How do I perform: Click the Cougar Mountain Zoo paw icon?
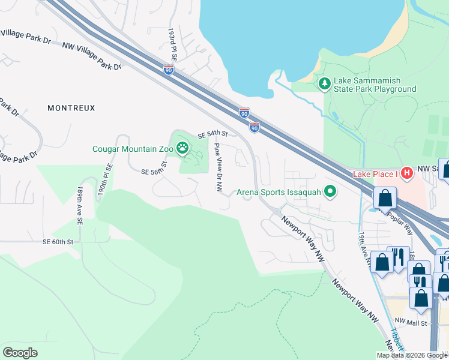click(x=182, y=147)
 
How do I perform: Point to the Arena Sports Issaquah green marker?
click(x=330, y=192)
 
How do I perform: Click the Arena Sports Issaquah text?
click(x=279, y=193)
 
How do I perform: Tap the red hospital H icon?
click(x=407, y=173)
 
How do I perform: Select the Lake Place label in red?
click(x=376, y=173)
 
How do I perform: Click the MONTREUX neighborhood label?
click(x=71, y=108)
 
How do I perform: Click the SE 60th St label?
click(x=58, y=242)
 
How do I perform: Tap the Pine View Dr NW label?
click(x=218, y=167)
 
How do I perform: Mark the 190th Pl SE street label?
click(x=106, y=179)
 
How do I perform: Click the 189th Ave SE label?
click(x=79, y=205)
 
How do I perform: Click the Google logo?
click(x=20, y=352)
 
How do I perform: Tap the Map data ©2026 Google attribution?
click(x=411, y=355)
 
